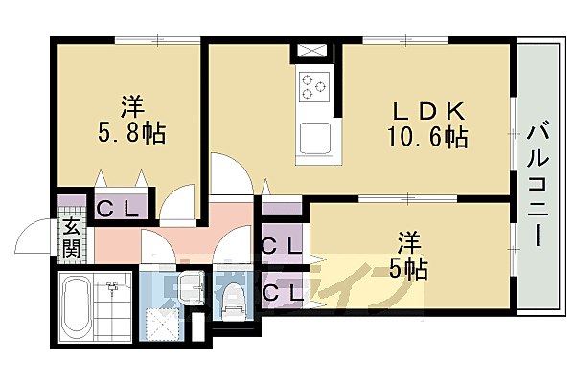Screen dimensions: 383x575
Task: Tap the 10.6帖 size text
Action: point(426,137)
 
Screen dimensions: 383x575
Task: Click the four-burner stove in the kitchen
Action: point(314,86)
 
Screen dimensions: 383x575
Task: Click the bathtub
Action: point(75,306)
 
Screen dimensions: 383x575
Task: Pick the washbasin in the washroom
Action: point(190,284)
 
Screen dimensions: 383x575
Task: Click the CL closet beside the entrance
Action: point(120,208)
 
